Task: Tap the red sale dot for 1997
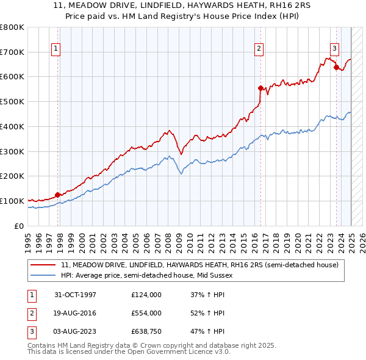pos(58,195)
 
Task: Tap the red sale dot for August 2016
pos(260,88)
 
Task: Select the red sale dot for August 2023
pos(336,67)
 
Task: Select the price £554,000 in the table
pos(146,313)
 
